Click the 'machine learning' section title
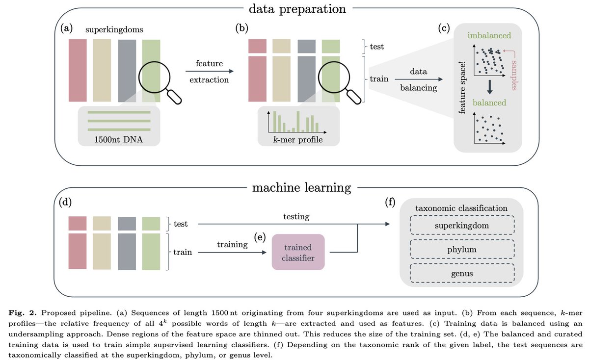pyautogui.click(x=302, y=187)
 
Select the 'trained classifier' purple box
pyautogui.click(x=298, y=252)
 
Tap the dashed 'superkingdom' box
pyautogui.click(x=461, y=226)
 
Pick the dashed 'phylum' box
pyautogui.click(x=461, y=250)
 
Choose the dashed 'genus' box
pyautogui.click(x=461, y=274)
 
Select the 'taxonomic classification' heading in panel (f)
pyautogui.click(x=461, y=208)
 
